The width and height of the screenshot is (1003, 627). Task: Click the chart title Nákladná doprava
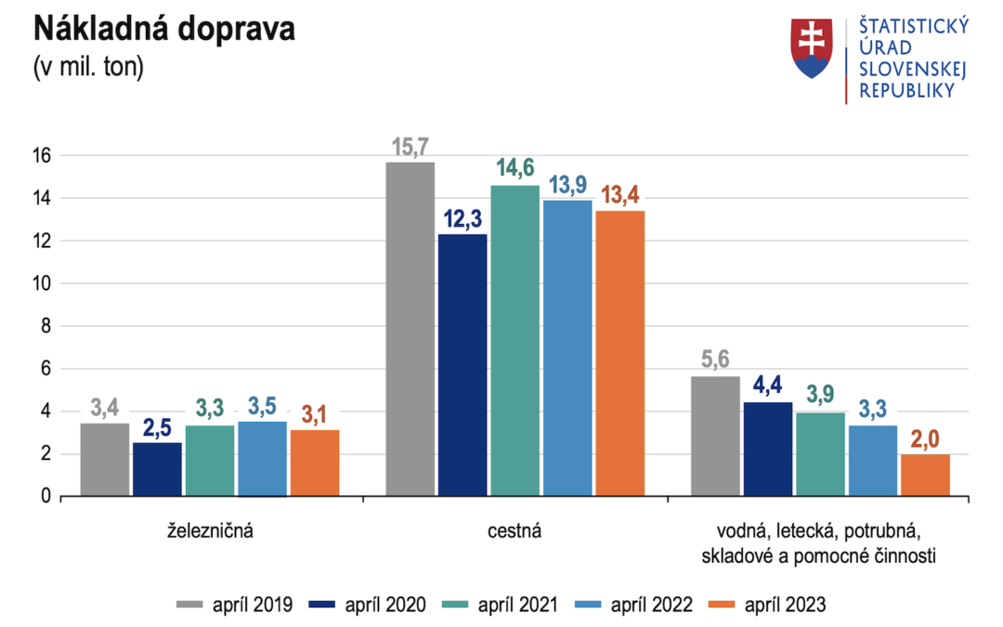click(x=164, y=29)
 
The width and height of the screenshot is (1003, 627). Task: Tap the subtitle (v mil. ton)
click(x=88, y=68)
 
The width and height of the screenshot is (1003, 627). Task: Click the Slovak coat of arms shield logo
click(x=812, y=48)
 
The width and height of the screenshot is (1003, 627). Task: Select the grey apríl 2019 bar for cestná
click(x=410, y=330)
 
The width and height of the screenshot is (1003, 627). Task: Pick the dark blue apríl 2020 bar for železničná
click(x=157, y=469)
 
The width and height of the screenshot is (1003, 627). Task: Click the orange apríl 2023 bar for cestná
click(x=619, y=354)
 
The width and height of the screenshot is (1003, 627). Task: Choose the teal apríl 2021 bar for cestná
click(x=515, y=341)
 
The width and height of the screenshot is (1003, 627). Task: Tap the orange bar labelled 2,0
click(x=925, y=475)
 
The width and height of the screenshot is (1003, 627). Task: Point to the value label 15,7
click(x=410, y=147)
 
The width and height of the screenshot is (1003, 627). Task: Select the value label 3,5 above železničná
click(x=262, y=407)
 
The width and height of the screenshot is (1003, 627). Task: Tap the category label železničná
click(x=210, y=532)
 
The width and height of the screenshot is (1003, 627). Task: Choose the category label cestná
click(x=514, y=532)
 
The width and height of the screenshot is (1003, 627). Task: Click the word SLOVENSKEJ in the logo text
click(x=913, y=70)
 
